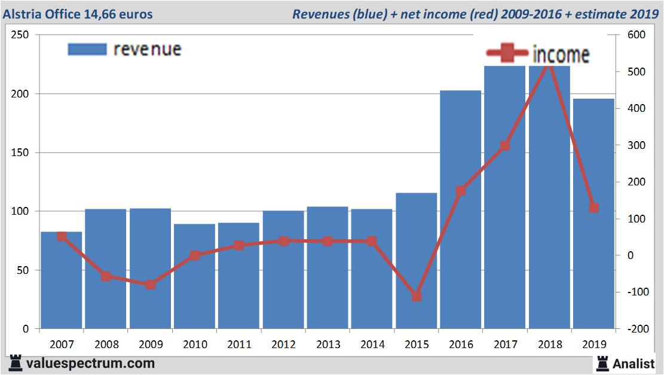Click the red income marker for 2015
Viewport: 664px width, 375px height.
click(x=417, y=296)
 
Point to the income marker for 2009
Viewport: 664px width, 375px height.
click(x=150, y=284)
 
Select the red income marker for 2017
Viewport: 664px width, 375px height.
click(x=505, y=145)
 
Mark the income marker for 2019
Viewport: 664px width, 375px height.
click(x=593, y=208)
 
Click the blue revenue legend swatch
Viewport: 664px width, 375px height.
click(x=87, y=49)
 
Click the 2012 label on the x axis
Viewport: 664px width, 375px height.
click(x=284, y=344)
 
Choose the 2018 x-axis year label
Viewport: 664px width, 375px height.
click(x=550, y=344)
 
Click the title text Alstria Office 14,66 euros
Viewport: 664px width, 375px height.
click(x=78, y=14)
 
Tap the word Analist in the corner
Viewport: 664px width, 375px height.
click(x=634, y=363)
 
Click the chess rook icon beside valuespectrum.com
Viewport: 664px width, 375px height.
click(x=16, y=363)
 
